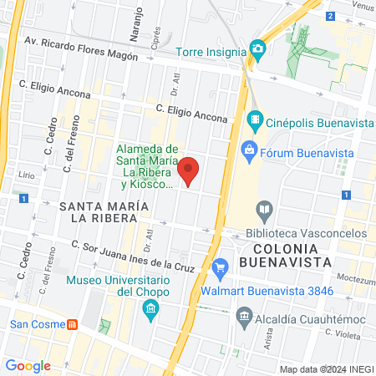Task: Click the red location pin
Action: coord(189,170)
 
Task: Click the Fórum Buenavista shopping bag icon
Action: coord(248,150)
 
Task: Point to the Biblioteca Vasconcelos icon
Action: coord(264,209)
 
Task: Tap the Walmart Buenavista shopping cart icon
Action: coord(221,268)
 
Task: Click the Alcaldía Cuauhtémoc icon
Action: coord(244,314)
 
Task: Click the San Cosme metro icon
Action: coord(72,323)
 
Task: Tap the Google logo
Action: coord(28,365)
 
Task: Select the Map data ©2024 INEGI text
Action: coord(325,368)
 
